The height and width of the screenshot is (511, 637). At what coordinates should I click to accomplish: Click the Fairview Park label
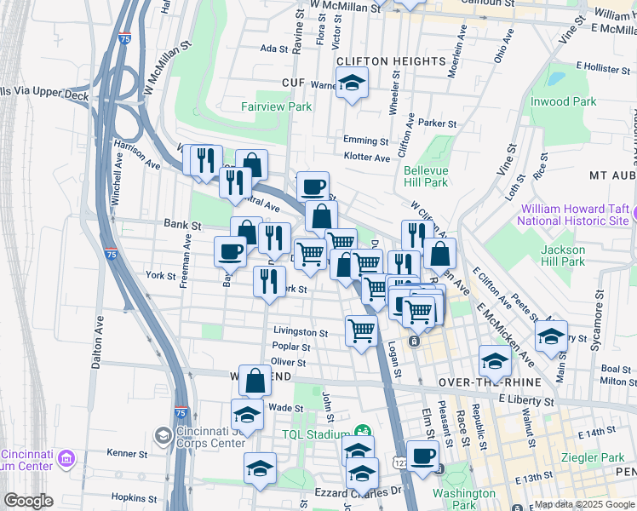click(276, 106)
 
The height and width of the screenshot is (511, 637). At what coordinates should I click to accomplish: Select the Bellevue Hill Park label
click(425, 176)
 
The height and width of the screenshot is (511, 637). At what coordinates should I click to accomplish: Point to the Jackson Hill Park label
click(562, 255)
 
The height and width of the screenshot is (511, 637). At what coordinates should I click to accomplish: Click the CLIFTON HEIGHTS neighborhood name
click(391, 61)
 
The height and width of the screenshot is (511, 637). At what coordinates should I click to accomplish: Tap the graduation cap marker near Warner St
click(350, 83)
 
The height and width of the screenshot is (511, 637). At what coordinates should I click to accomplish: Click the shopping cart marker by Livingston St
click(362, 330)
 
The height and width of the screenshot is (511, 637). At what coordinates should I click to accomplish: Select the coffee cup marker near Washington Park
click(422, 454)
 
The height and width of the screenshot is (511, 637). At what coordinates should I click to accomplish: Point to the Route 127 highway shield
click(399, 461)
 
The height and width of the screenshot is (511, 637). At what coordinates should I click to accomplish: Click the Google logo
click(29, 501)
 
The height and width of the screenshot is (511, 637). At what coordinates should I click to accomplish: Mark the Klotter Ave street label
click(366, 158)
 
